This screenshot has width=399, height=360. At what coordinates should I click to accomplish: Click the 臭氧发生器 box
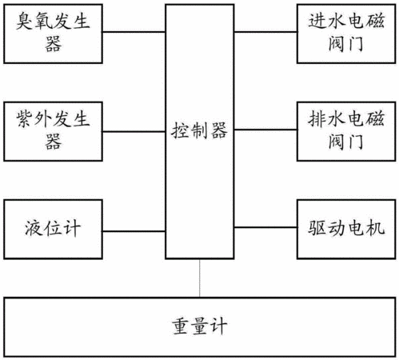[x=53, y=34]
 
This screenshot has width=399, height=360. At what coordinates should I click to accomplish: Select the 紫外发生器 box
[x=53, y=131]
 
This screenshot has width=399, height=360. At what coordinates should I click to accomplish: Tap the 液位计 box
[x=53, y=229]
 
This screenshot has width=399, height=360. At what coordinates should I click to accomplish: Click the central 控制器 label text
[x=199, y=130]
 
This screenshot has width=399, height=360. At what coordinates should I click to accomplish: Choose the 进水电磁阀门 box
[x=346, y=34]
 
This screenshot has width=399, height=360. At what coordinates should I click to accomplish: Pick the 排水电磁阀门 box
[x=346, y=131]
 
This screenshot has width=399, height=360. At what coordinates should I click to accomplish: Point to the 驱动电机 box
[x=346, y=229]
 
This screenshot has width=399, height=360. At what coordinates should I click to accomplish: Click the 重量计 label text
[x=199, y=326]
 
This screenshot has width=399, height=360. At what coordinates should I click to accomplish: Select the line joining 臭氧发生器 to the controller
[x=134, y=32]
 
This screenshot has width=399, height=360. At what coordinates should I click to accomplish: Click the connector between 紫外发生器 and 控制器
[x=134, y=131]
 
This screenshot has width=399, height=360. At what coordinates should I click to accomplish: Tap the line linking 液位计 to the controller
[x=134, y=231]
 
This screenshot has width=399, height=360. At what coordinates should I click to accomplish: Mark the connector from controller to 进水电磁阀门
[x=265, y=32]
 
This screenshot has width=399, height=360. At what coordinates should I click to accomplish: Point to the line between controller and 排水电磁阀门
[x=265, y=130]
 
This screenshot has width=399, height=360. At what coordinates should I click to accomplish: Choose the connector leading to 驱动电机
[x=265, y=227]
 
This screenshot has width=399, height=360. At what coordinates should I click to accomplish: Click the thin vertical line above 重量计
[x=199, y=278]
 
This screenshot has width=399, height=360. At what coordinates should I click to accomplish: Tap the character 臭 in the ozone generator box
[x=25, y=22]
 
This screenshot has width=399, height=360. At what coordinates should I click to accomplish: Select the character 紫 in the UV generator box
[x=25, y=119]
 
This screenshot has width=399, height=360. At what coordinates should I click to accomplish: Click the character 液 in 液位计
[x=34, y=228]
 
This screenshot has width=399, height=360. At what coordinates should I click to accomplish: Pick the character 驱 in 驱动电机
[x=317, y=228]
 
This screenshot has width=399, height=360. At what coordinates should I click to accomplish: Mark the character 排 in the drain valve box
[x=317, y=118]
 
